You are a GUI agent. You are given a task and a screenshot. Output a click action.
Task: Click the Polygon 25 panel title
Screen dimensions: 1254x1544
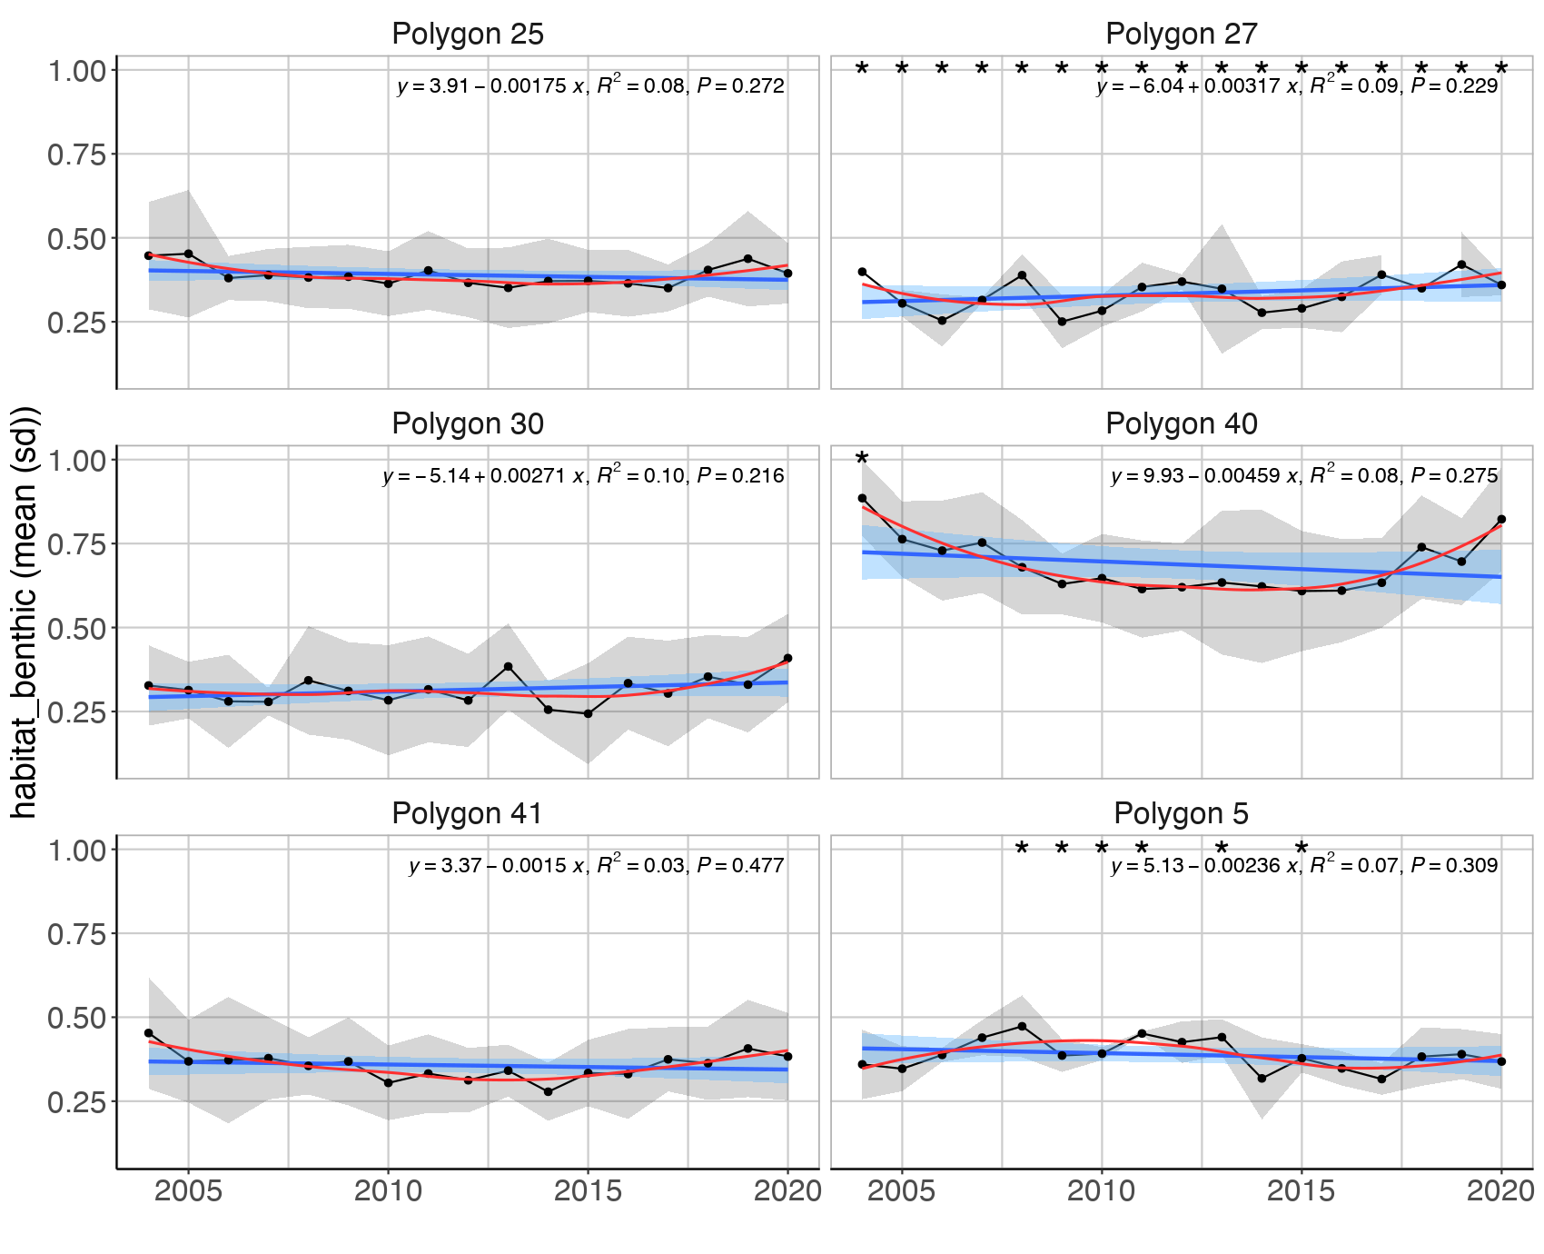[x=467, y=35]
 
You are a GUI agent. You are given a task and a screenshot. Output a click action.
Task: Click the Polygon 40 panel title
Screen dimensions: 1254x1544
[x=1181, y=424]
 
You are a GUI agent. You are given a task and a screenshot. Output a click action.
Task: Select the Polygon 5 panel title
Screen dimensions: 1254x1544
[x=1181, y=814]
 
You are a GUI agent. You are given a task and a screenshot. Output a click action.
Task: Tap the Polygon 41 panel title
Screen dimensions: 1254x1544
[x=467, y=814]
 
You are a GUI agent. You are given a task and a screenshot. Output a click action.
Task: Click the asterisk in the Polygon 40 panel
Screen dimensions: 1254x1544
[x=862, y=460]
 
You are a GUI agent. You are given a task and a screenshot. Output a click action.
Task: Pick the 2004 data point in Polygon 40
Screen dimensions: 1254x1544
[x=862, y=498]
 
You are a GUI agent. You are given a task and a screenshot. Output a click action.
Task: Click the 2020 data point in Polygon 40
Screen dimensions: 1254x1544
[x=1501, y=519]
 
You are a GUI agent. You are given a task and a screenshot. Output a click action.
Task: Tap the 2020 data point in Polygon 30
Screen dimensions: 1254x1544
[x=787, y=658]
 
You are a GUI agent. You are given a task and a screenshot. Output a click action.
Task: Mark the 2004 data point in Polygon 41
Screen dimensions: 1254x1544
[x=149, y=1033]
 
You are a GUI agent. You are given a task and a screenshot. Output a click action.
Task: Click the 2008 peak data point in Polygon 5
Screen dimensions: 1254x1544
[x=1022, y=1027]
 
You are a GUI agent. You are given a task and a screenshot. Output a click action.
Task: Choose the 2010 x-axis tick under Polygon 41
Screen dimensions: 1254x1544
[x=388, y=1191]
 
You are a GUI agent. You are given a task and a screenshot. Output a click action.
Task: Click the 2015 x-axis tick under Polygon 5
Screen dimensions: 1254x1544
[x=1302, y=1191]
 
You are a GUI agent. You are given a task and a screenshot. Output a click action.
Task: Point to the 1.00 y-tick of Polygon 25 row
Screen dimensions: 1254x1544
[x=76, y=70]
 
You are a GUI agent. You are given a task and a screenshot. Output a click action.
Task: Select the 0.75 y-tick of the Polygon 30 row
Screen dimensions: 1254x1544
[x=76, y=544]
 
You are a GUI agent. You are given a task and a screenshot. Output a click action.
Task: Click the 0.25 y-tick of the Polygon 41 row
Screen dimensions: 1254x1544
[x=76, y=1102]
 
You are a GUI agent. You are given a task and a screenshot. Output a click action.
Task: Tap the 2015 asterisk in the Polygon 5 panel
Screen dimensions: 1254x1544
[x=1302, y=850]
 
